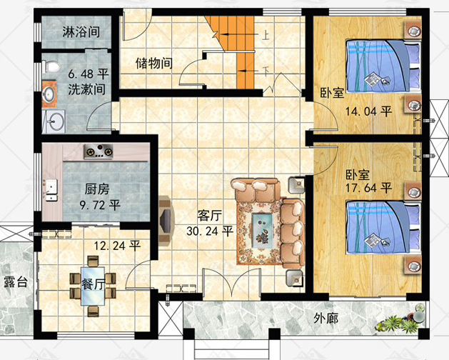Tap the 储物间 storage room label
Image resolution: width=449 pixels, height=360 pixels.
coord(154,63)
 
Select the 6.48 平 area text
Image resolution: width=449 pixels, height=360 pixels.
coord(89,74)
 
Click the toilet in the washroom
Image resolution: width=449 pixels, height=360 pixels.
coord(50,66)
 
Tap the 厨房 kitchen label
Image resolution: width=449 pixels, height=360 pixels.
coord(97,190)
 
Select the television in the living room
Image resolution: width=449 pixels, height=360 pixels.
coord(165,219)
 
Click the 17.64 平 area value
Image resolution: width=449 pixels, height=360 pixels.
coord(369,189)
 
